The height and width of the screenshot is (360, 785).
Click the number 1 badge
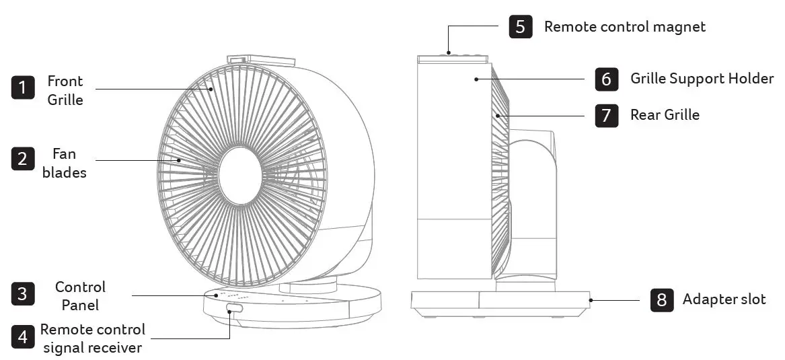[23, 87]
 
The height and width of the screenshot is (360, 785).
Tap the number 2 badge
[23, 159]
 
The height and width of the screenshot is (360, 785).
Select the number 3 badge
[23, 294]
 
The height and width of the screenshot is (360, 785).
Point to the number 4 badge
[23, 337]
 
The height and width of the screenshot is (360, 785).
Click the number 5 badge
[521, 26]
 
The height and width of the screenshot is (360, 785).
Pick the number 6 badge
[607, 79]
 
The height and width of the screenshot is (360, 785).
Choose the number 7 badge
[607, 115]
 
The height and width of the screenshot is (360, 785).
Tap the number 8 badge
[662, 300]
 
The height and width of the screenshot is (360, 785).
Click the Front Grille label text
[65, 90]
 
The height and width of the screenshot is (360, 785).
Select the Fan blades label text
[65, 163]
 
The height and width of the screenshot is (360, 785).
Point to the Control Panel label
[80, 295]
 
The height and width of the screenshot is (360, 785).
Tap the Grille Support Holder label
[702, 79]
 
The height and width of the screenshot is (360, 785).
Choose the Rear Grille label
[665, 114]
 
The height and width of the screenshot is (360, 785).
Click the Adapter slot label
[724, 299]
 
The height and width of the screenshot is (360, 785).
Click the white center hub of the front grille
[240, 176]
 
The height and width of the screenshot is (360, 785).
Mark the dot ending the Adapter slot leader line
[591, 300]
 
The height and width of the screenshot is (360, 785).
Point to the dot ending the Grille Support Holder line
[476, 79]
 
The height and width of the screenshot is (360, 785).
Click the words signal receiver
[93, 347]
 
